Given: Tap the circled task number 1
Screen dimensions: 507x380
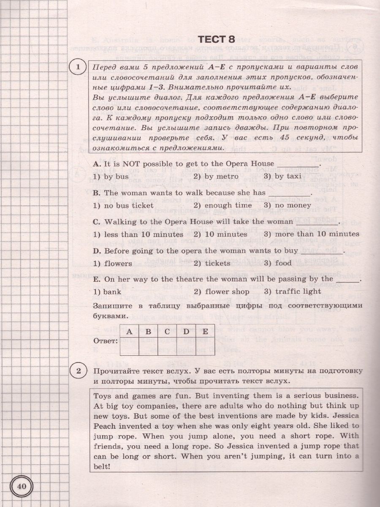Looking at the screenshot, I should tap(78, 68).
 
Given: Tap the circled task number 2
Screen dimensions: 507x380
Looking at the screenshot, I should tap(78, 371).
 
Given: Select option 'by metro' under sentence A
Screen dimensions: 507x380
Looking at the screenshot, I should tap(216, 177).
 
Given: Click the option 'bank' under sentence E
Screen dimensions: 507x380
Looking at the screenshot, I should tap(107, 292).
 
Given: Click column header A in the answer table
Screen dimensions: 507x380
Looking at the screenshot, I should tap(129, 332).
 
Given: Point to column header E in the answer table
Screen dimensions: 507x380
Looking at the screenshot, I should tap(205, 332).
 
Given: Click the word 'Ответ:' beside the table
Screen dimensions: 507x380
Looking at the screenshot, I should tap(105, 341).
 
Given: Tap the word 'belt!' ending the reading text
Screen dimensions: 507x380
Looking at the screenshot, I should tap(100, 466).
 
